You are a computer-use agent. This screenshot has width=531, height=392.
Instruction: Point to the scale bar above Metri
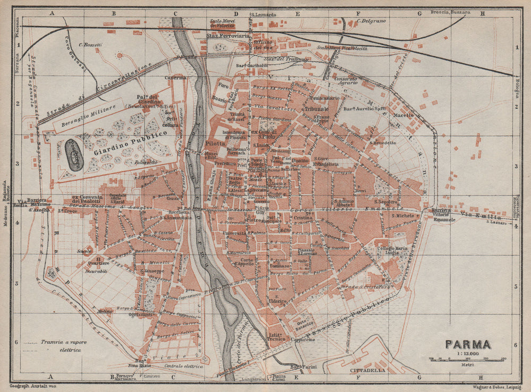click(x=467, y=359)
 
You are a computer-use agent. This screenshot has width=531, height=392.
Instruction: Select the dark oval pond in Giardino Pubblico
click(x=74, y=155)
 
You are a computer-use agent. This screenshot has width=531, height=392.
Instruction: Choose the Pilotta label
click(x=215, y=143)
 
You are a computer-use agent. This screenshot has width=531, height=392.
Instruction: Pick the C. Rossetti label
click(x=90, y=45)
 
